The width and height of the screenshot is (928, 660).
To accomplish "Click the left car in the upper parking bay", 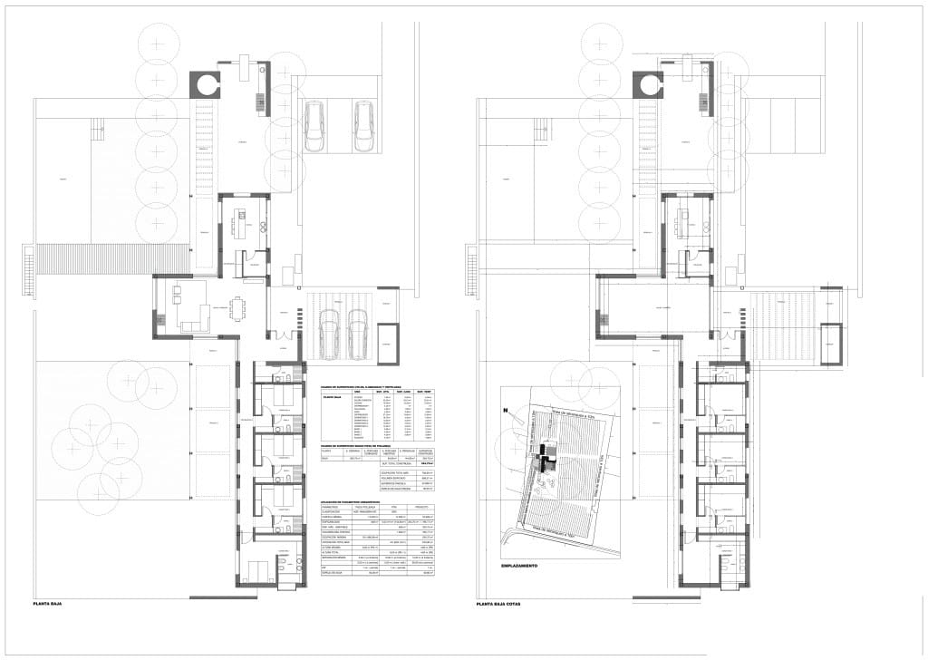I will click(314, 127).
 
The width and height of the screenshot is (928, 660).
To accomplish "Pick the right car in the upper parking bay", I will click(363, 127).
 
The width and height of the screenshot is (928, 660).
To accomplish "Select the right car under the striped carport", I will click(357, 331).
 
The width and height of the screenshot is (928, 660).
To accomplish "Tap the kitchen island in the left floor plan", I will click(240, 222).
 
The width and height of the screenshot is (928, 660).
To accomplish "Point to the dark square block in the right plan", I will click(650, 85).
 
